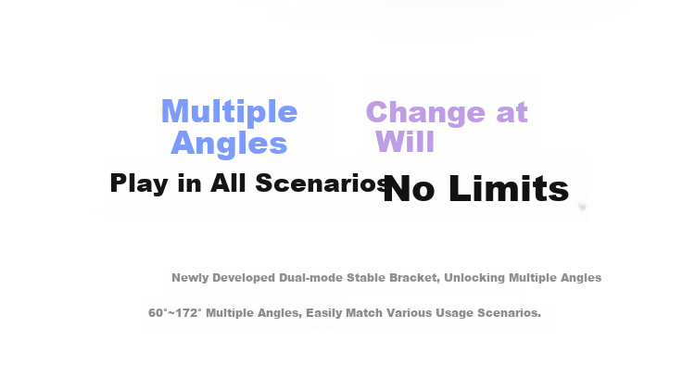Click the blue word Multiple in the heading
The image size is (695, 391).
pos(229,113)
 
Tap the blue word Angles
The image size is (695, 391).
pos(229,144)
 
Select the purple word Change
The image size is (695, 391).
pos(426,112)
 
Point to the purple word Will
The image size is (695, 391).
pos(405,142)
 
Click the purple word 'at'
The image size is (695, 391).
pos(512,113)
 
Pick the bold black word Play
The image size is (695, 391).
pos(139,183)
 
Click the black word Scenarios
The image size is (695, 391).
pos(322,183)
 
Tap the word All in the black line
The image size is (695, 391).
pos(228,183)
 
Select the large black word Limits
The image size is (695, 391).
pos(509,188)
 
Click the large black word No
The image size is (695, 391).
pos(409,189)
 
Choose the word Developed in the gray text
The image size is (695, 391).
pos(244,278)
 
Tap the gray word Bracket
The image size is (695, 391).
pos(414,278)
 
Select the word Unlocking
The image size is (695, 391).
pos(474,278)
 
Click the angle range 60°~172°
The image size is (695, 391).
pos(174,313)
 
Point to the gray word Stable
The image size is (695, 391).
pos(366,278)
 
